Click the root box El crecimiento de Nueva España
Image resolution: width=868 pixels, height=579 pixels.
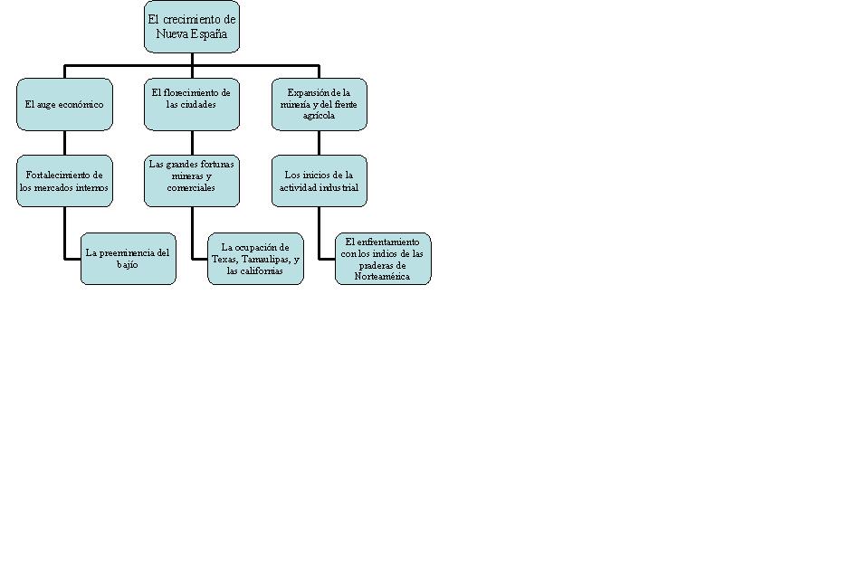pyautogui.click(x=192, y=27)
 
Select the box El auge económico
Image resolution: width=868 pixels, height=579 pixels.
pyautogui.click(x=64, y=104)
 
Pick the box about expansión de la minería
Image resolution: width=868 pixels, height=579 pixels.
pyautogui.click(x=320, y=104)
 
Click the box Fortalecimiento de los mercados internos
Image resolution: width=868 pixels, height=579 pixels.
pyautogui.click(x=64, y=181)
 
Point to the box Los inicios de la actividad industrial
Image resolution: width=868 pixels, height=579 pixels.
pyautogui.click(x=320, y=181)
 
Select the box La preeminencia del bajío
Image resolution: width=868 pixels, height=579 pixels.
pyautogui.click(x=128, y=259)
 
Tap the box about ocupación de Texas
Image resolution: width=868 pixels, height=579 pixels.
pyautogui.click(x=255, y=259)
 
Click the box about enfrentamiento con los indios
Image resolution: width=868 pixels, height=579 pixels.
pyautogui.click(x=383, y=259)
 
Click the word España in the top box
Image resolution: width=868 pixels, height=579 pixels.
pyautogui.click(x=209, y=34)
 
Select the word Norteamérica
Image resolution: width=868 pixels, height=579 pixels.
pyautogui.click(x=383, y=277)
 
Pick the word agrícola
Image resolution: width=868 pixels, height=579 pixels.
pyautogui.click(x=319, y=116)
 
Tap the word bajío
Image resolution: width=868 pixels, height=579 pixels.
pyautogui.click(x=128, y=265)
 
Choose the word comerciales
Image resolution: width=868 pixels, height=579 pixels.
pyautogui.click(x=191, y=188)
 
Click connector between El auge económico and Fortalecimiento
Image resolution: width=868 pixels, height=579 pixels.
pyautogui.click(x=64, y=143)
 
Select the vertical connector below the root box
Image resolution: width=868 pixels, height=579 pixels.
pyautogui.click(x=192, y=59)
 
